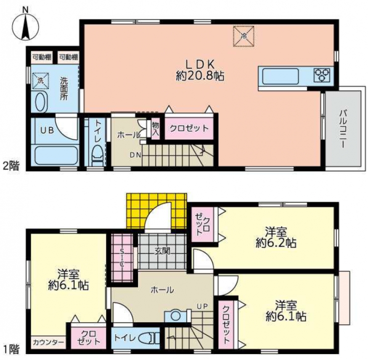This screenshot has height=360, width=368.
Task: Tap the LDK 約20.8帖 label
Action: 200,70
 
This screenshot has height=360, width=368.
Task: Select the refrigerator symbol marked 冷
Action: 244,36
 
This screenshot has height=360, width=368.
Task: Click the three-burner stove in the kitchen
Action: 322,75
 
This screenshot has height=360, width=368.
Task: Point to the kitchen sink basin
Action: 280,76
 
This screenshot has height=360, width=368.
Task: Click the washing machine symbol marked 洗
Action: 41,81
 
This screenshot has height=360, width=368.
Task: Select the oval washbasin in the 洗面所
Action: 41,102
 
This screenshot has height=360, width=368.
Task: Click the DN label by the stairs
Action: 136,155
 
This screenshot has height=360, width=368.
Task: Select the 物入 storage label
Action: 155,129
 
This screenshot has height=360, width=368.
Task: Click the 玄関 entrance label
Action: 162,251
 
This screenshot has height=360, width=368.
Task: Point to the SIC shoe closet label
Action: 122,258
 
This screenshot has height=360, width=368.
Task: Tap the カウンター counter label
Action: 48,342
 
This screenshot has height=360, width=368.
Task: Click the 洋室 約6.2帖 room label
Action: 276,237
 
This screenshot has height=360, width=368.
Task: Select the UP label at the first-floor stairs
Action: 202,306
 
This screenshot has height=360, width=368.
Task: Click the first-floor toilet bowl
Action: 148,339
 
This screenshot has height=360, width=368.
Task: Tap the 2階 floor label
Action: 11,166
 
